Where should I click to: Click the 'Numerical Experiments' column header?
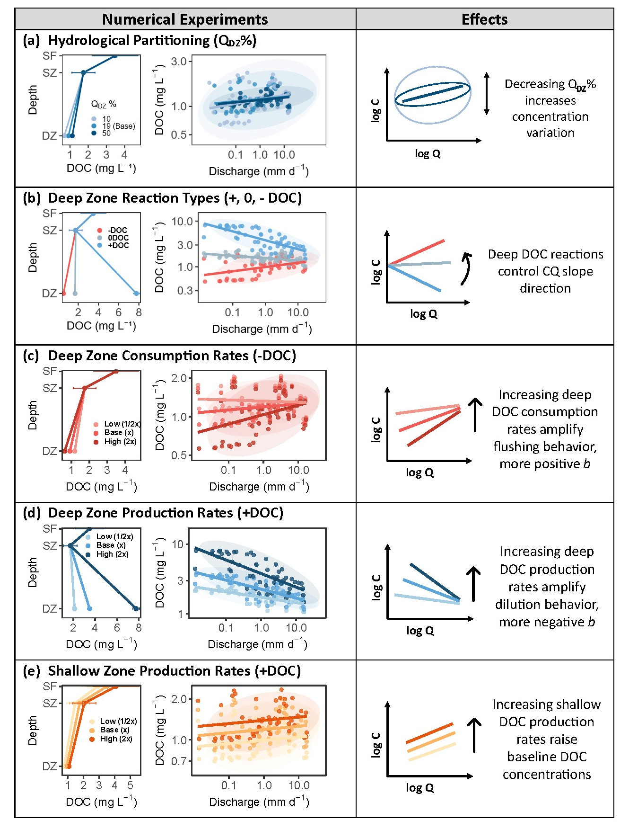coord(185,19)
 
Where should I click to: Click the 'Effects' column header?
coord(484,19)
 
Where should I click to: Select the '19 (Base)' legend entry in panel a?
coord(118,126)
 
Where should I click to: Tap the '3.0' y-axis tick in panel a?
coord(178,61)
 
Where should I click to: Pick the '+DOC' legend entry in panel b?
coord(118,245)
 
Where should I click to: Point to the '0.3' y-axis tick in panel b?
coord(185,290)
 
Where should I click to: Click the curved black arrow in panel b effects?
coord(466,268)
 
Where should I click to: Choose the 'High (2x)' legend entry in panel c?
coord(120,441)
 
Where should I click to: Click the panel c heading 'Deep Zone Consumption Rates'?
coord(172,356)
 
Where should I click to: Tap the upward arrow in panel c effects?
coord(475,415)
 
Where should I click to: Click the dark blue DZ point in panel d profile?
coord(136,608)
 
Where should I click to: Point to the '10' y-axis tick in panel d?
coord(177,544)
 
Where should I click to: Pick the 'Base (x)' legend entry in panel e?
coord(114,730)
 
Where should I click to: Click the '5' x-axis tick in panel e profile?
coord(130,785)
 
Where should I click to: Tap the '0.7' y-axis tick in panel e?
coord(180,761)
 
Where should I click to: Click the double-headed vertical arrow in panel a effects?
coord(486,93)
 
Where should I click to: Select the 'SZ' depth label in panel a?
coord(50,72)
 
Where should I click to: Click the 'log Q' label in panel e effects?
coord(420,787)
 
